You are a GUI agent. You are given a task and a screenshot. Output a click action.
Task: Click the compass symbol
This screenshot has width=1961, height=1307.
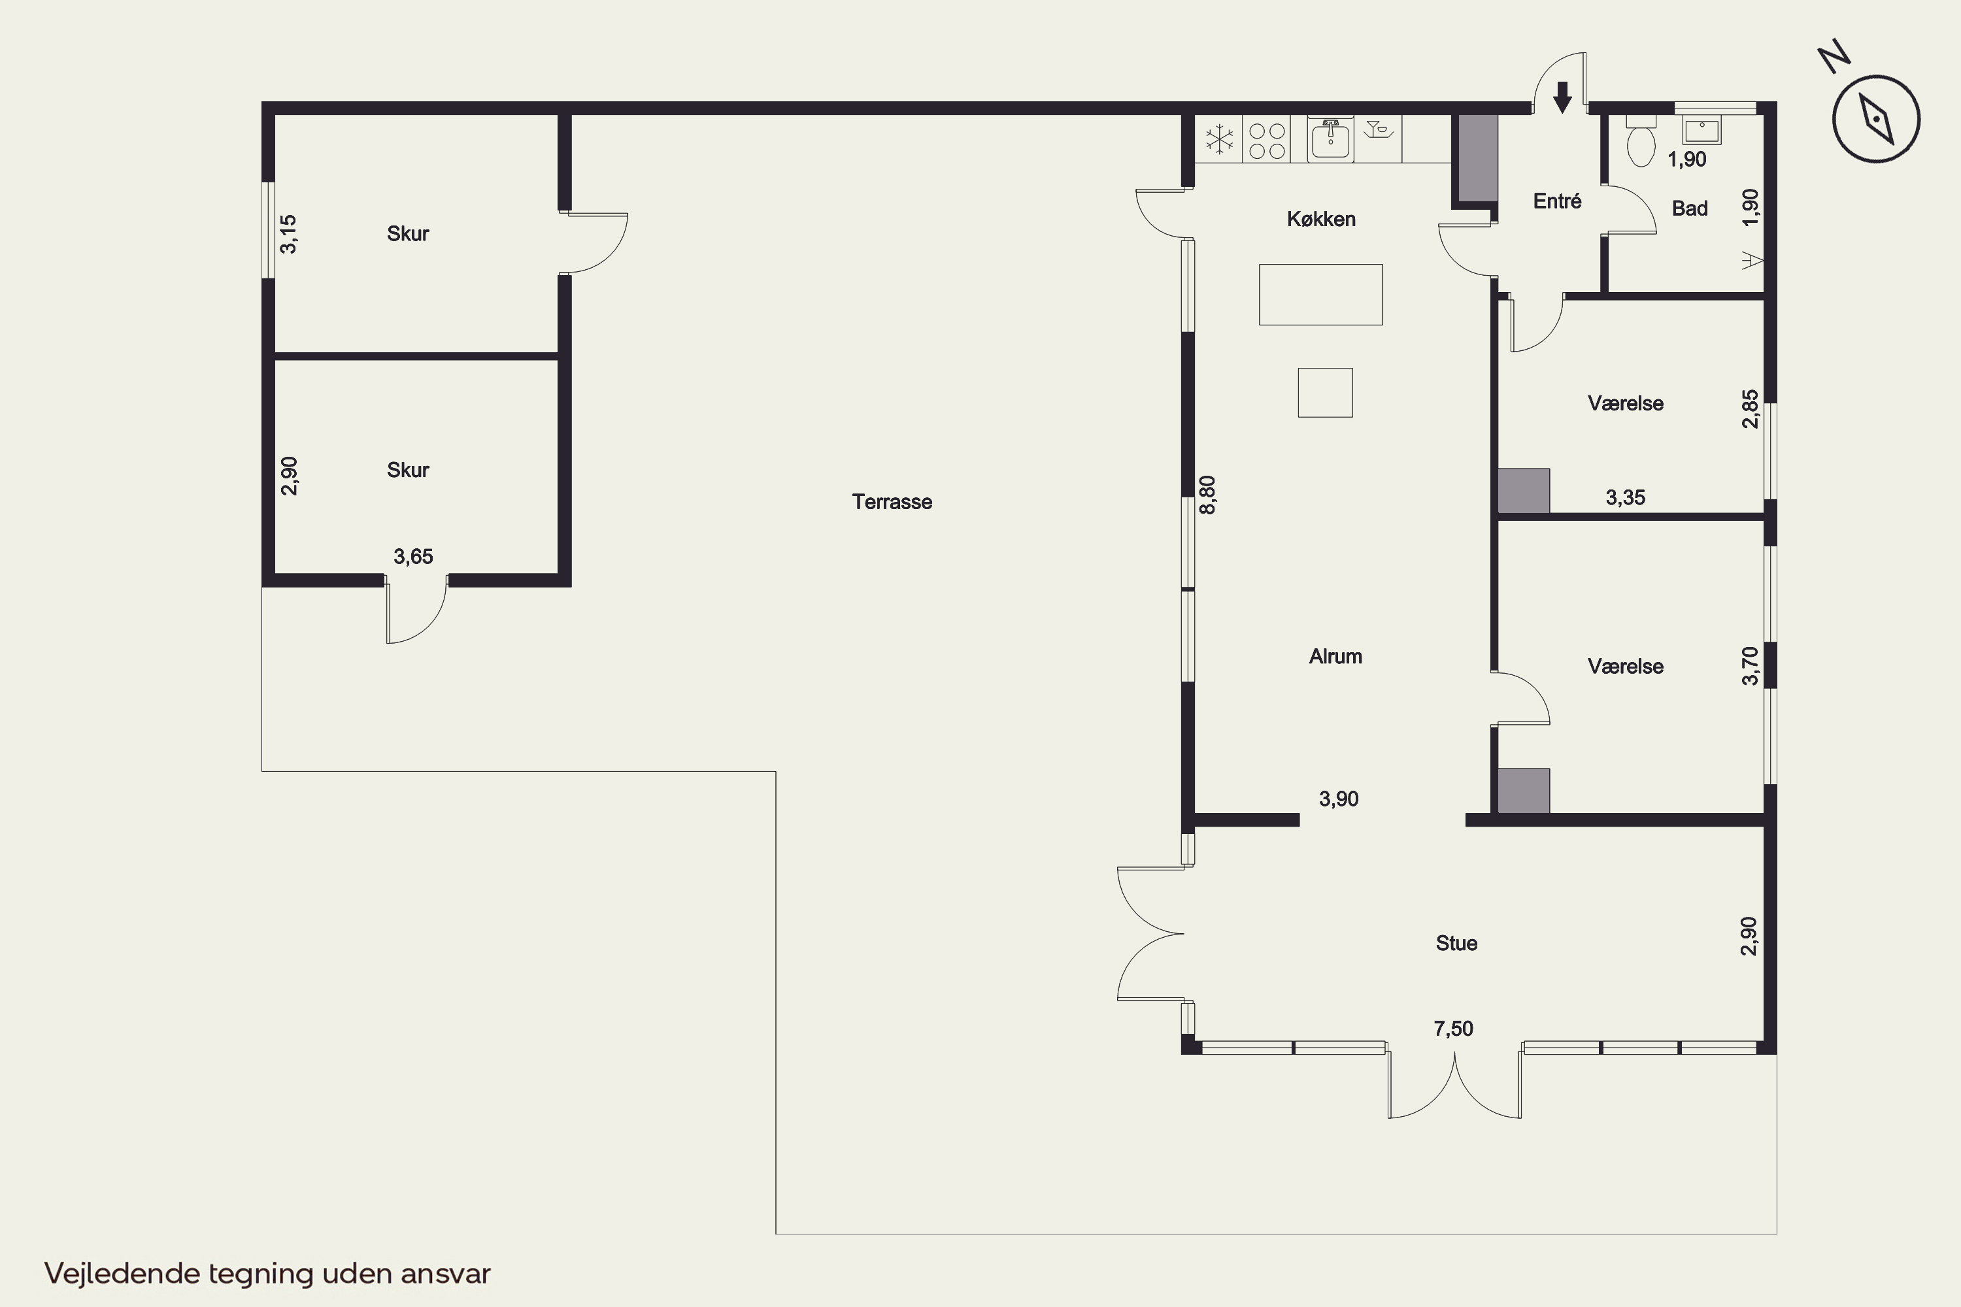[x=1876, y=118]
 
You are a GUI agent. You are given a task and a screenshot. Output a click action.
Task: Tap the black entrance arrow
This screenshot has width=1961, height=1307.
[x=1562, y=97]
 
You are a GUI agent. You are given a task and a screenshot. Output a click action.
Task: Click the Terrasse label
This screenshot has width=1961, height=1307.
[x=892, y=502]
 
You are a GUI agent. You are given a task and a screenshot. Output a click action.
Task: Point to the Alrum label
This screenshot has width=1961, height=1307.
[x=1335, y=657]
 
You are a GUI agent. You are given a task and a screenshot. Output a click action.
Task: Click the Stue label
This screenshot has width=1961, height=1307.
[x=1456, y=943]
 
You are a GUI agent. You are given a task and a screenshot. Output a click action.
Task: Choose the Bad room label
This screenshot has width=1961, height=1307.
[x=1690, y=208]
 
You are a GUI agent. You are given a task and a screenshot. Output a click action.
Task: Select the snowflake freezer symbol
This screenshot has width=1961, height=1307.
[x=1219, y=139]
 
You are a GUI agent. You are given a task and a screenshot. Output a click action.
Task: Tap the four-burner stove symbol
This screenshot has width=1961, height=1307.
[x=1267, y=140]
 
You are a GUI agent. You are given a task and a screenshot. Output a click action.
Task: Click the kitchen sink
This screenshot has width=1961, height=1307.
[x=1331, y=139]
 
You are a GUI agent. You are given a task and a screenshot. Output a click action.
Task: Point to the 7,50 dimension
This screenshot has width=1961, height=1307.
[x=1453, y=1029]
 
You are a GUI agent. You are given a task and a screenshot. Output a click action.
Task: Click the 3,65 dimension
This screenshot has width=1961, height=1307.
[x=414, y=557]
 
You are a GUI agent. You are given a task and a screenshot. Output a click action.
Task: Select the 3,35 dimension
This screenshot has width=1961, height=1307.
[x=1626, y=497]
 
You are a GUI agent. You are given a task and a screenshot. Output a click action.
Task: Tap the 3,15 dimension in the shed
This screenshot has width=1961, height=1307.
[x=288, y=234]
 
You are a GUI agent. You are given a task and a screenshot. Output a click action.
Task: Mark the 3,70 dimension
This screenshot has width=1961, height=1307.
[x=1749, y=666]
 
